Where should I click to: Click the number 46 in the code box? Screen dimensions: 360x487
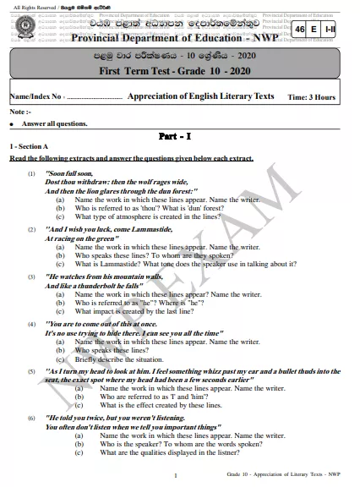(302, 30)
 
